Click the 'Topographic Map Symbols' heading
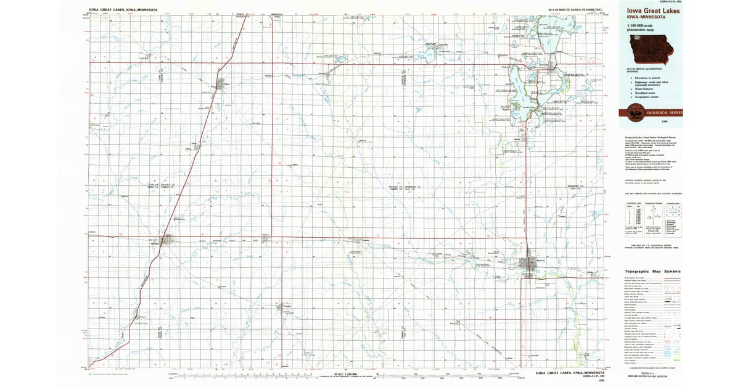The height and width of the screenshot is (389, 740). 652,271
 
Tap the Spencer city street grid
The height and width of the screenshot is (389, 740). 530,266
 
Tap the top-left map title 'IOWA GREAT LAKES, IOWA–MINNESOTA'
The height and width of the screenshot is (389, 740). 123,10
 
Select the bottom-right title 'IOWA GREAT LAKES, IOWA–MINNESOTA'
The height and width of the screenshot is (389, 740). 567,374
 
